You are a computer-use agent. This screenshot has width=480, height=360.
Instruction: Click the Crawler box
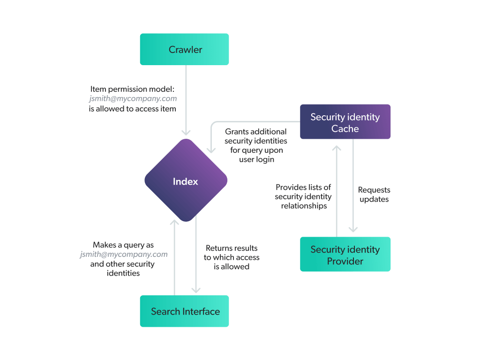(184, 49)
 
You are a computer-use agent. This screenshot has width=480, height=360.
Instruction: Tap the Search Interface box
(184, 311)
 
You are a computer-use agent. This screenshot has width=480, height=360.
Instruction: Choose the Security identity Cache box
(345, 122)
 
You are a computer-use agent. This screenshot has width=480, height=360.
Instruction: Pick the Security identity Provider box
(345, 255)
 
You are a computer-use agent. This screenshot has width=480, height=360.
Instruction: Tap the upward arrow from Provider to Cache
(337, 187)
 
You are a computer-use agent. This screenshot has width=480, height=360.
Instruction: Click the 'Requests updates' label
(374, 195)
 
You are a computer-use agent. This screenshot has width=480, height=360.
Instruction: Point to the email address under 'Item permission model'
(133, 98)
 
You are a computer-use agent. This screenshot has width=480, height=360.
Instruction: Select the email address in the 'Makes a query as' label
(124, 254)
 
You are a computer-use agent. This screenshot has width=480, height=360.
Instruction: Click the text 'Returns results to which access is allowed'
(232, 257)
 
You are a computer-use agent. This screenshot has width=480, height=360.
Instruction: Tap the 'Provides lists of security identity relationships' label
(303, 196)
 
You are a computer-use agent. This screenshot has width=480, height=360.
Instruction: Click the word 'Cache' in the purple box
(345, 128)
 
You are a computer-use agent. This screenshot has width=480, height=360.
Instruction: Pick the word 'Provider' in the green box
(345, 261)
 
